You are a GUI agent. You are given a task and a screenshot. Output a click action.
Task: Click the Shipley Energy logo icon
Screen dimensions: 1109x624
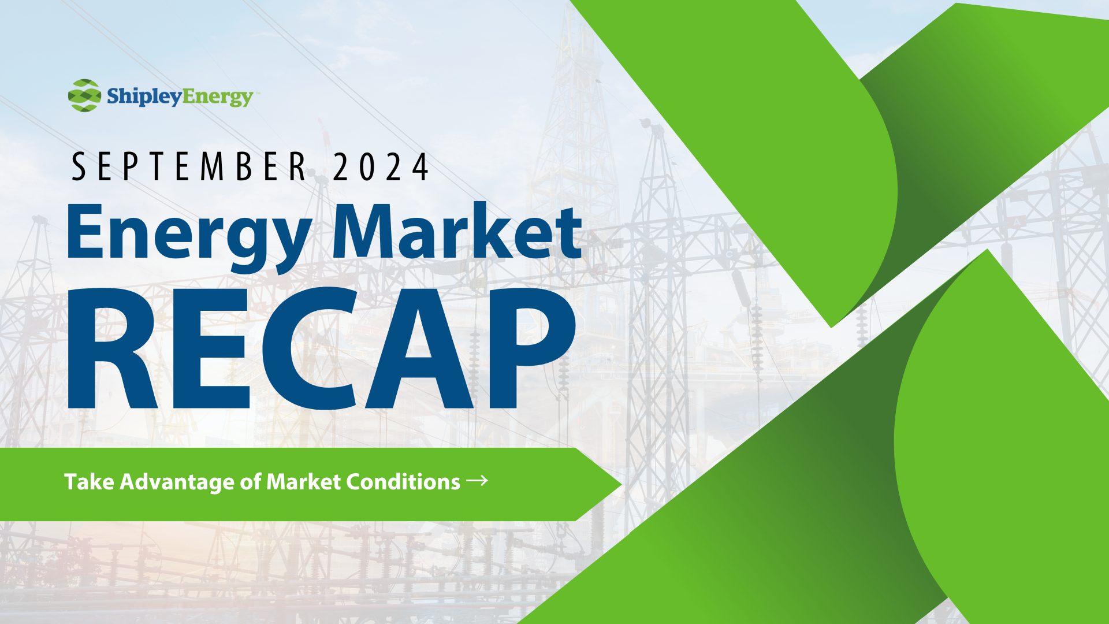pos(84,95)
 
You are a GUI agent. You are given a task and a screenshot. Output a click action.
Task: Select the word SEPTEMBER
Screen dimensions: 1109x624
pos(190,166)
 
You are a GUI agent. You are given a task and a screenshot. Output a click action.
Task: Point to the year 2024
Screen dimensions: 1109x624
pos(381,166)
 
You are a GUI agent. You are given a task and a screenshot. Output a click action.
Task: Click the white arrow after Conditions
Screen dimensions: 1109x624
pos(477,480)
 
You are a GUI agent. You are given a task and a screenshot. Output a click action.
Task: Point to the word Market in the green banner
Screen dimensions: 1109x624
pos(303,482)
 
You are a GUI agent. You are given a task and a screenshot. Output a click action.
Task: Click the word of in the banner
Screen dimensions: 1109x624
pos(251,482)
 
